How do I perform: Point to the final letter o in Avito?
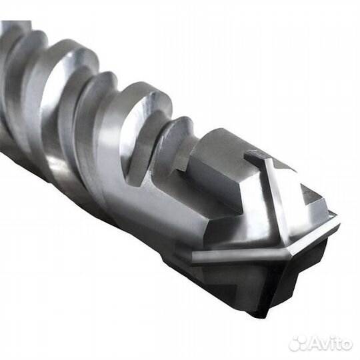(x=346, y=345)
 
